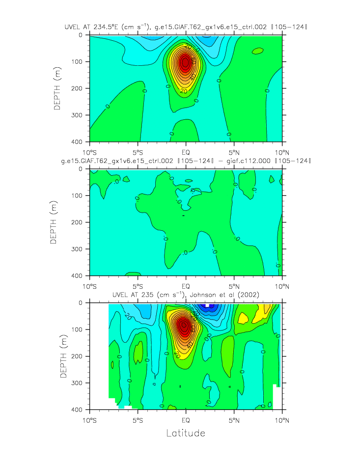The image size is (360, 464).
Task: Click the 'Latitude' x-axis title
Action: tap(186, 433)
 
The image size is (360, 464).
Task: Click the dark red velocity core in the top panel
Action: tap(185, 62)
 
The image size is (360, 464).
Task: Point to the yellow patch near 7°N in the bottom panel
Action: tap(243, 318)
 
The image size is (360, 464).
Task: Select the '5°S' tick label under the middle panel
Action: tap(138, 285)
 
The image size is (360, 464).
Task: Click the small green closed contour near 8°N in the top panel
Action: tap(258, 51)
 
